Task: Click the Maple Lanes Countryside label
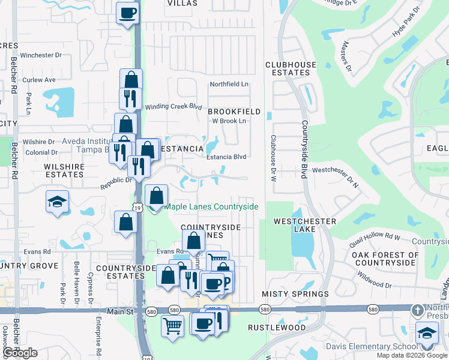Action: point(211,207)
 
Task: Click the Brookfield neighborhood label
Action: point(234,112)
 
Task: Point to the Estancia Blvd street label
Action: point(227,157)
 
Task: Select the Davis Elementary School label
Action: point(371,346)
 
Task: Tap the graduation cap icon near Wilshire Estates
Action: point(57,202)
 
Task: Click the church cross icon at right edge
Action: point(418,310)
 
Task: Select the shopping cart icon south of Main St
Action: point(172,326)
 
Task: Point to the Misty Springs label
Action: point(295,294)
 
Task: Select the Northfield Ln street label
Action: point(229,85)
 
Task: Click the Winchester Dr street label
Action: point(41,55)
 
